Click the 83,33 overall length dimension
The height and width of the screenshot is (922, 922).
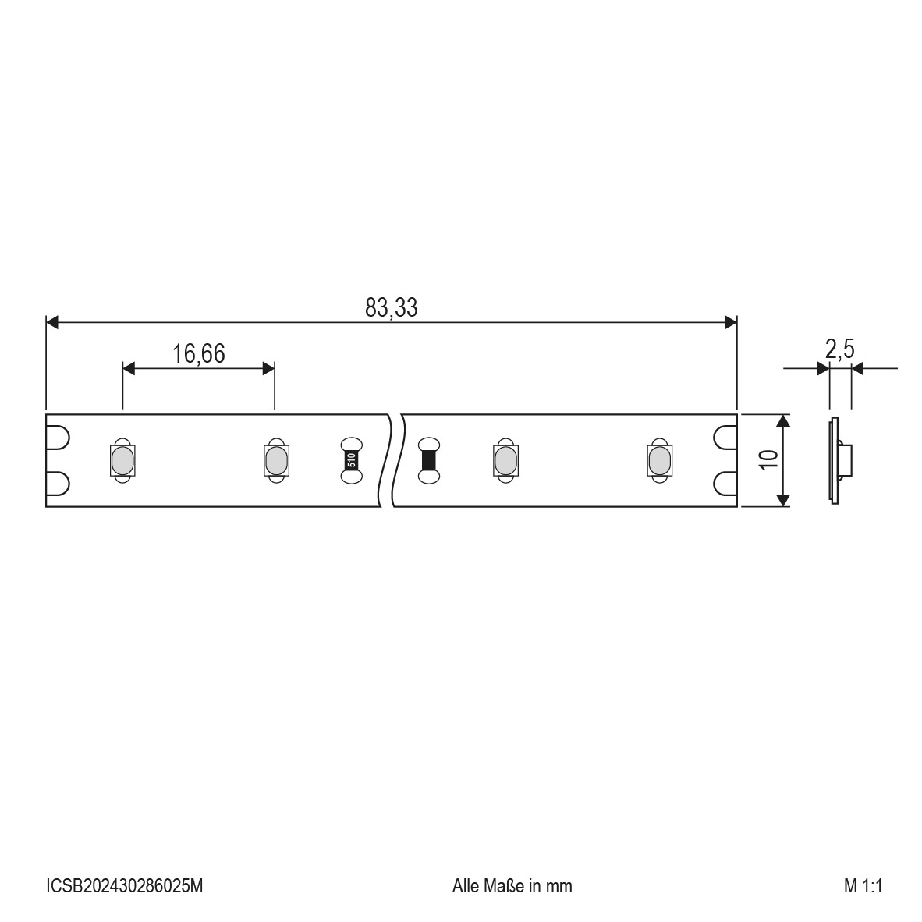(391, 307)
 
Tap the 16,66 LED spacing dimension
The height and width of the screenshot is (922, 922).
(198, 354)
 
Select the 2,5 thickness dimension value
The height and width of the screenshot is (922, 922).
(839, 349)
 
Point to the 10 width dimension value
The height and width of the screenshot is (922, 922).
(768, 459)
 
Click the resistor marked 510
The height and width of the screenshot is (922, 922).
(352, 460)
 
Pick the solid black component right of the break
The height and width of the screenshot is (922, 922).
(429, 460)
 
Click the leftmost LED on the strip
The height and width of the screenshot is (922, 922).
(122, 460)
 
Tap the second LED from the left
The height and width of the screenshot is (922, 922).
(276, 460)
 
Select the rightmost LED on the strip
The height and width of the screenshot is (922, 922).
(660, 460)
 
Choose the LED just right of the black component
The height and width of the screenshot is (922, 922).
(505, 460)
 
